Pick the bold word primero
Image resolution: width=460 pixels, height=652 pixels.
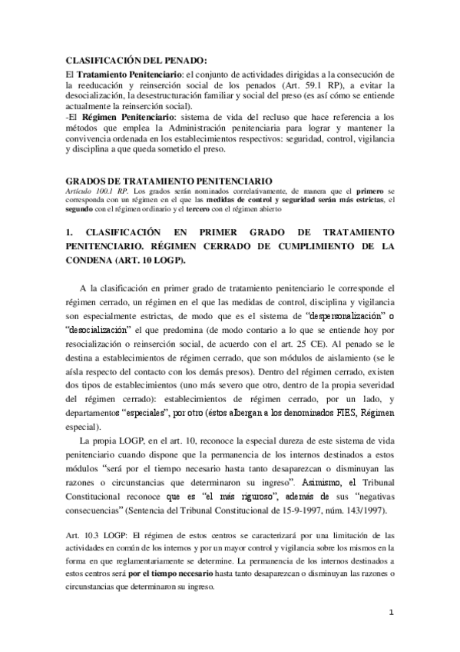coord(369,188)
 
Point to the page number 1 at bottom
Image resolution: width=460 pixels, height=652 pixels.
coord(390,613)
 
